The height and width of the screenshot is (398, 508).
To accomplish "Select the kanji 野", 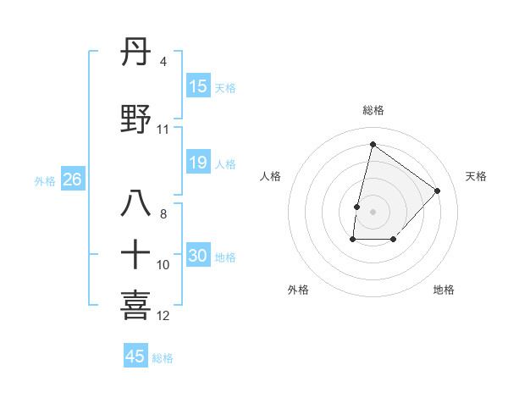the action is (136, 119).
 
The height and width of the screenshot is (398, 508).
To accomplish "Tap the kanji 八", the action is (136, 204).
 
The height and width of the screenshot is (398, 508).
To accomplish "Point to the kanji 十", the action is (136, 254).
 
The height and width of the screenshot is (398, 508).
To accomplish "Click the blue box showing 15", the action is (198, 86).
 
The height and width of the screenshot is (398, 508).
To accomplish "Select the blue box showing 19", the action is (198, 163).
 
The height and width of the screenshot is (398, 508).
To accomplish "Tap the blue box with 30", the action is (198, 256).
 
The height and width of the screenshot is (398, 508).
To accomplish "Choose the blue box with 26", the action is (72, 180).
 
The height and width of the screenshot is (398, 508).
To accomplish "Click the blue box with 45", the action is (135, 357).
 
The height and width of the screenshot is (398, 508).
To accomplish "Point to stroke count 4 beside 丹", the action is (163, 62).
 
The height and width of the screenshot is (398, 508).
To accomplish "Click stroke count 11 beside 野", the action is (163, 130).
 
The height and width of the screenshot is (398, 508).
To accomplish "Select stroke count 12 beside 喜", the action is (163, 316).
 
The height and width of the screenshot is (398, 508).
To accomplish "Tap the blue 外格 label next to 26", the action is (45, 180).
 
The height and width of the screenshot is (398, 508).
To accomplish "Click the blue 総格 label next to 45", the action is (163, 358).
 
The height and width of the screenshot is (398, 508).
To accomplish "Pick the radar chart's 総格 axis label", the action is (373, 110).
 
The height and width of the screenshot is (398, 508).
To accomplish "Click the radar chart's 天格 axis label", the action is (477, 176).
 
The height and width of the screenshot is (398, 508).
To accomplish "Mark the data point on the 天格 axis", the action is (438, 191).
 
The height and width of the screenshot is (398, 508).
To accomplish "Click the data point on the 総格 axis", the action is (373, 144).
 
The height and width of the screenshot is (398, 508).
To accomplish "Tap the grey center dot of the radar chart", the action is (373, 212).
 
